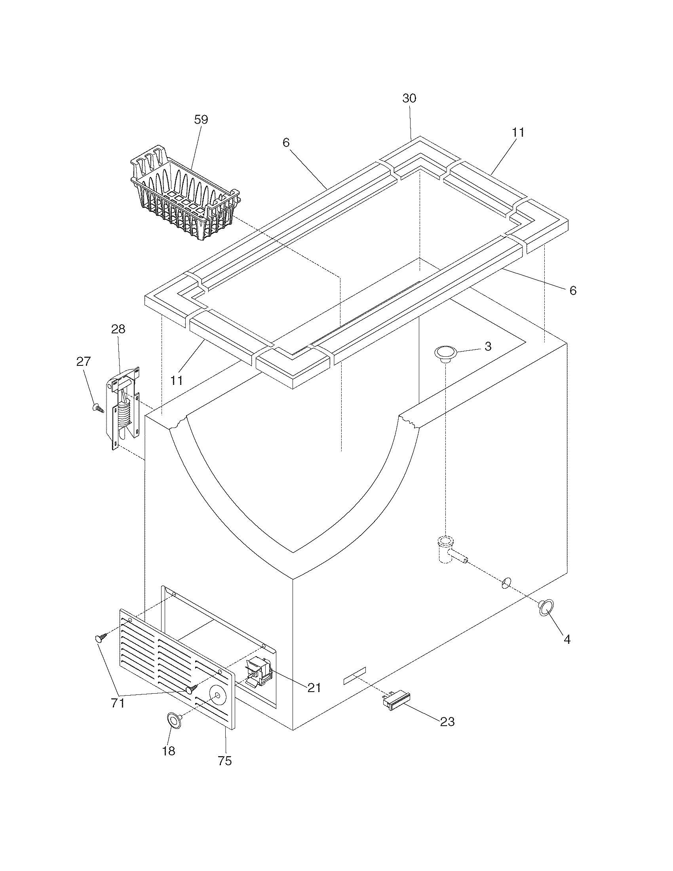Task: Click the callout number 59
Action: click(x=201, y=120)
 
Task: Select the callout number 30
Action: click(x=409, y=98)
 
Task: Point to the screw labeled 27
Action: click(x=98, y=407)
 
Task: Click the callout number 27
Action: click(x=83, y=361)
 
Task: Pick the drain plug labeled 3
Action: click(x=445, y=353)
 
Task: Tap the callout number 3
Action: click(x=488, y=346)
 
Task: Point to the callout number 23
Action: click(x=447, y=721)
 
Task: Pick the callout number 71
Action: click(x=118, y=703)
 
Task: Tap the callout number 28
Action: click(x=118, y=329)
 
